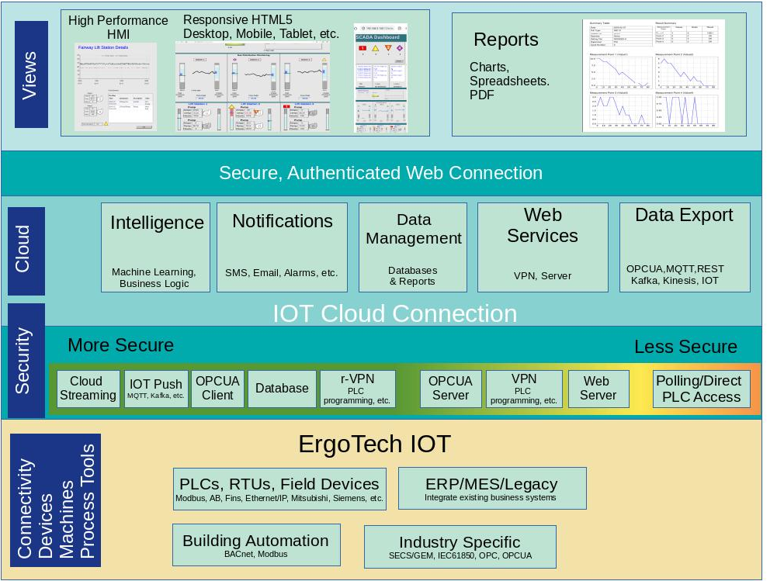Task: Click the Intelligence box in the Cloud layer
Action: (155, 247)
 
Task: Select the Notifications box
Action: (282, 247)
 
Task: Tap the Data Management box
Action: (413, 247)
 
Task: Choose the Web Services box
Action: (542, 247)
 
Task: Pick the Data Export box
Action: (685, 247)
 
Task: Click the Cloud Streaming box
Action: (88, 389)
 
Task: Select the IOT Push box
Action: (156, 389)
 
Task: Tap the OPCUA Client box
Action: (217, 389)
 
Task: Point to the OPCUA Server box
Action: (450, 389)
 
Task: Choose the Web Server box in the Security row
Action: (597, 389)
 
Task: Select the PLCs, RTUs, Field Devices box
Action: (279, 489)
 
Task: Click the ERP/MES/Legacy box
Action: (491, 488)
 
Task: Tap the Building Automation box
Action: (255, 545)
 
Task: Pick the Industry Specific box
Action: (460, 546)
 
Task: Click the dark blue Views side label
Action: (31, 74)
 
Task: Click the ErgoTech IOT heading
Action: (374, 444)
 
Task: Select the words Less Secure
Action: (685, 347)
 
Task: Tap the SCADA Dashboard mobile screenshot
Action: (380, 78)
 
